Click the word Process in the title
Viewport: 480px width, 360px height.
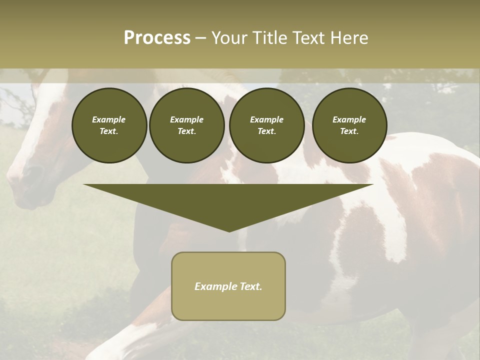pos(157,38)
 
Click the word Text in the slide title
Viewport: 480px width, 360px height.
pos(309,38)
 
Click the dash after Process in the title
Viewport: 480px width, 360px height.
pos(201,38)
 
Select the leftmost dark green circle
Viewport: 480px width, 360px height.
pos(109,125)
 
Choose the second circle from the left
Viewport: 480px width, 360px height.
pos(187,125)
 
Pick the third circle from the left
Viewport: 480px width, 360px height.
pos(267,125)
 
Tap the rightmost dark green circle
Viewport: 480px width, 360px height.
pos(349,125)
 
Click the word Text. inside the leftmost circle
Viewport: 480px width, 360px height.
pos(109,131)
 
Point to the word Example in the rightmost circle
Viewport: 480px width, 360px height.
pos(349,119)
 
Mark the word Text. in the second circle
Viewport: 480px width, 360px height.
pos(186,131)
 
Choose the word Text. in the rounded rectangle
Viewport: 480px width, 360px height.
pos(250,286)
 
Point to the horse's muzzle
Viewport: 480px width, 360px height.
pos(25,180)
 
